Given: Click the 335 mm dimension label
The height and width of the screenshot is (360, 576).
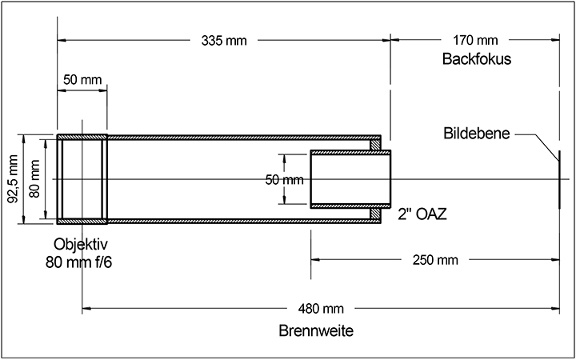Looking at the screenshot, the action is [x=224, y=41].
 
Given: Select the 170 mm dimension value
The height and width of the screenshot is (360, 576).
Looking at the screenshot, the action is [x=475, y=40].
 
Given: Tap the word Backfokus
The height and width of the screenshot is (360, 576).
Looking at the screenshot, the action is [x=477, y=58].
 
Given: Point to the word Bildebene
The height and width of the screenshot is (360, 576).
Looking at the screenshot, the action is [x=477, y=134].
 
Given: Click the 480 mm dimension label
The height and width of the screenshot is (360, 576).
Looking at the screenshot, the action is [x=321, y=309].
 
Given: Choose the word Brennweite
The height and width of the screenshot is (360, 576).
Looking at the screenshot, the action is [x=316, y=331].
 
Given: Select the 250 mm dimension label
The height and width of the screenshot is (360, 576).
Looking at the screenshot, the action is [x=435, y=260].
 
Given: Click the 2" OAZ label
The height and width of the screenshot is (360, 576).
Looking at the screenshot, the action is [x=422, y=215].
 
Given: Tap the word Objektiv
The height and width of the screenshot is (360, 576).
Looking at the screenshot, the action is [x=81, y=244].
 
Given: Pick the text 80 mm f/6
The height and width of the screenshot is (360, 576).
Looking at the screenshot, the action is [x=78, y=262].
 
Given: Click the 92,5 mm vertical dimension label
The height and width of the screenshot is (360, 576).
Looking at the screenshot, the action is [x=14, y=179].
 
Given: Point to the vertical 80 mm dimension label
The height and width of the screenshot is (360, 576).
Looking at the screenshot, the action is [x=34, y=179].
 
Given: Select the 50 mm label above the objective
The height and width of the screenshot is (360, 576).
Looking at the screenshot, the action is [x=82, y=79].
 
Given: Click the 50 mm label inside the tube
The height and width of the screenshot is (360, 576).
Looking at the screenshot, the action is [x=284, y=180].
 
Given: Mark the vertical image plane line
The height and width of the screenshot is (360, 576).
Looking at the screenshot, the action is [x=559, y=179].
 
